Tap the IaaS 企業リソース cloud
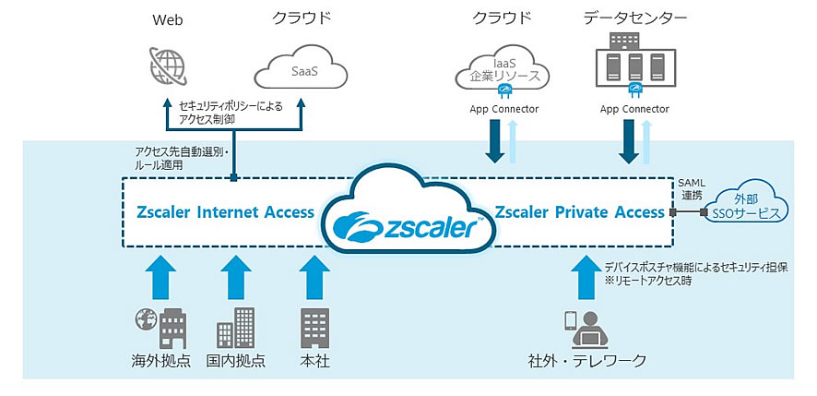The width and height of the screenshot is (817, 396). (x=502, y=66)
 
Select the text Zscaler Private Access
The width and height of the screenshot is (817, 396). (x=579, y=212)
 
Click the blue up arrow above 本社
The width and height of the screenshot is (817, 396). (x=314, y=272)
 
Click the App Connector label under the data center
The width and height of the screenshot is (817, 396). (x=634, y=109)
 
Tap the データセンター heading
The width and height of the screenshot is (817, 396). (x=634, y=18)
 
